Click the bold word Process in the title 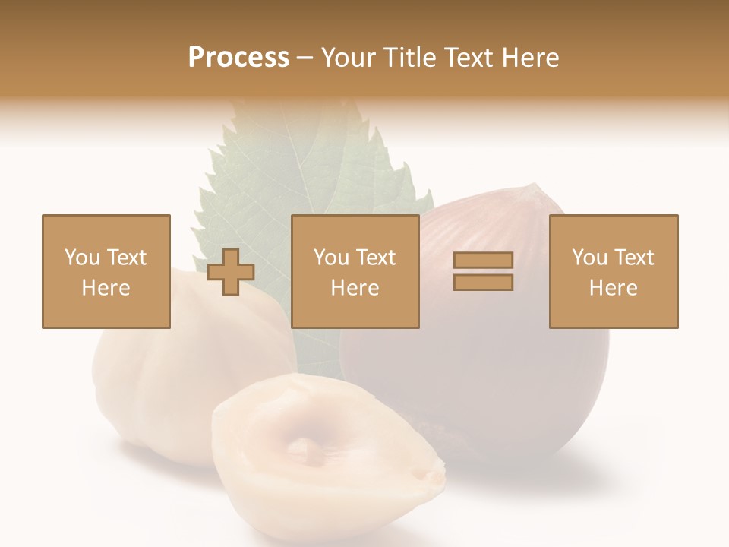238,58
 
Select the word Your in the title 350,58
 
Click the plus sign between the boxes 231,272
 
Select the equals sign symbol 483,271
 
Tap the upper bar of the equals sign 483,261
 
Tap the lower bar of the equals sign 483,283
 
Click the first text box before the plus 106,271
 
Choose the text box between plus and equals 355,271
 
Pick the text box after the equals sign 614,271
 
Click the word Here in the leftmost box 106,288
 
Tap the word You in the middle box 331,258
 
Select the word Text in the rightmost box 634,258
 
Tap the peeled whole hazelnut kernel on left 182,372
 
